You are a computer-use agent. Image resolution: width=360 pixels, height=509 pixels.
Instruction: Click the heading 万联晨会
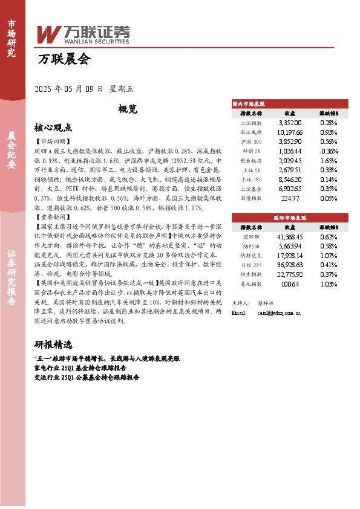point(64,59)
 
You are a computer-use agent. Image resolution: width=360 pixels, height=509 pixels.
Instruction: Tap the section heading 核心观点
point(53,128)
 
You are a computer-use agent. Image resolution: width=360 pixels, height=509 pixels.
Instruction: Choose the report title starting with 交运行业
point(87,377)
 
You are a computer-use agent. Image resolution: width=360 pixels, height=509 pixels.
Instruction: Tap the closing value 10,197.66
point(289,132)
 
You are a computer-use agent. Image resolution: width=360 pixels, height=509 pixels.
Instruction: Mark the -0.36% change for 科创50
point(329,151)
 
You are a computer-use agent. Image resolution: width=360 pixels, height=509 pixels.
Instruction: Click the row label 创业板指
point(250,161)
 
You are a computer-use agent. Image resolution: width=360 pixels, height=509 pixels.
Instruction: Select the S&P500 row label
point(250,245)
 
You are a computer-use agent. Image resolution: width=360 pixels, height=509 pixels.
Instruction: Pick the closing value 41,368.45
point(289,236)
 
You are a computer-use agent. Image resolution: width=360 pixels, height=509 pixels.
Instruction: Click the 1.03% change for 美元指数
point(329,284)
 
